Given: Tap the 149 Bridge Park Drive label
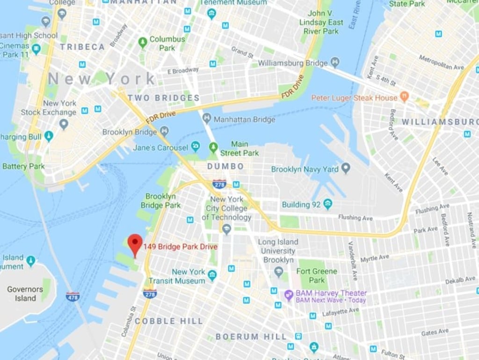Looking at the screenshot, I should (181, 247).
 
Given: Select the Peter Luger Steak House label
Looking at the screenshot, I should (354, 98).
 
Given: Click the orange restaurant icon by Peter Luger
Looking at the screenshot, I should (405, 98).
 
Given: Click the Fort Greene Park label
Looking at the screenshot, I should (317, 276).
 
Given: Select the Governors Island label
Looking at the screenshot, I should (25, 294).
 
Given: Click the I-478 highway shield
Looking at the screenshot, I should (73, 296).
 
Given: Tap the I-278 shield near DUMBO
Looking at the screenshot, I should (219, 184).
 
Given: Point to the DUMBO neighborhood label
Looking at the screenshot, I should (225, 166).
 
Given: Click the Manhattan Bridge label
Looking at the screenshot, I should (244, 119).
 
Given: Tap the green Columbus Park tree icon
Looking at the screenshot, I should (143, 43).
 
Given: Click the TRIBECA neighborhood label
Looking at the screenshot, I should (82, 47).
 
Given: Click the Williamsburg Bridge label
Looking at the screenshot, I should (293, 63).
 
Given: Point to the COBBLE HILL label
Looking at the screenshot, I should (169, 321).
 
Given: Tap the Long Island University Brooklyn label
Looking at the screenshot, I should (278, 251).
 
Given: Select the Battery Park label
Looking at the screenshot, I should (23, 166).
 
